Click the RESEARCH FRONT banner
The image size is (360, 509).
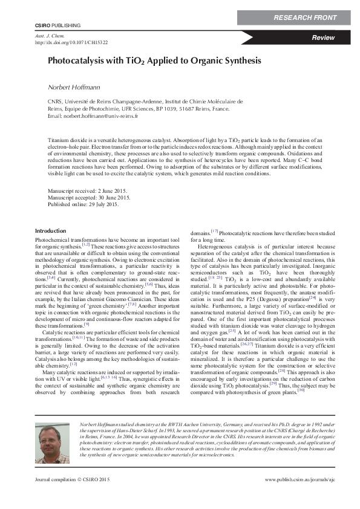pyautogui.click(x=305, y=18)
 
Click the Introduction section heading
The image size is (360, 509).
pyautogui.click(x=51, y=231)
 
